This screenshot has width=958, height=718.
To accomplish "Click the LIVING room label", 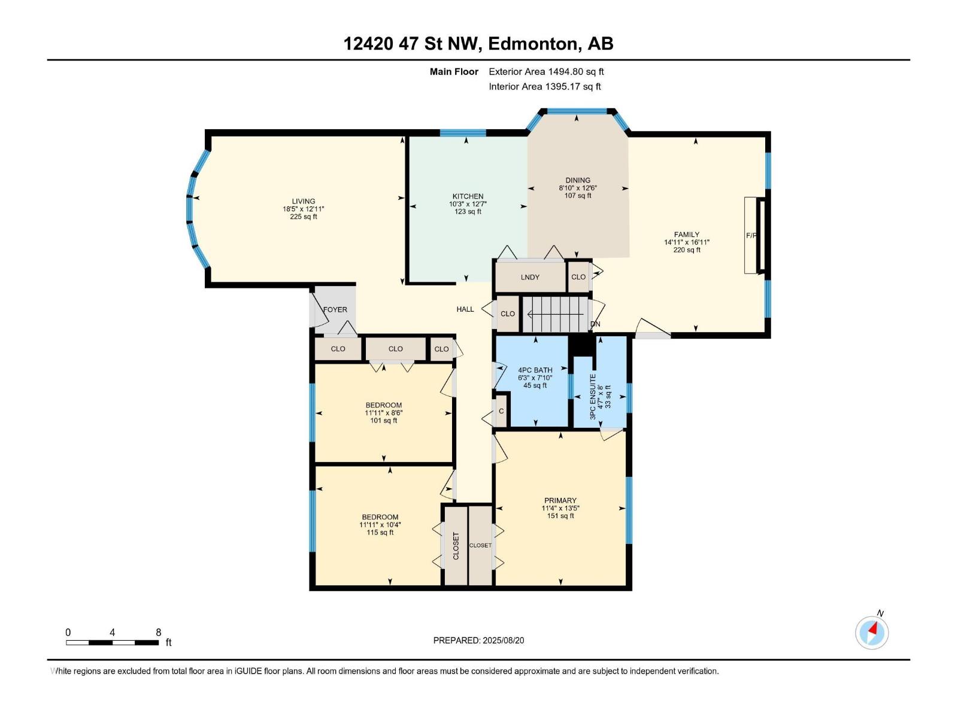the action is point(304,202).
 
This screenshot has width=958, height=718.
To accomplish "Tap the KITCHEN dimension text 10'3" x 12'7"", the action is point(468,204).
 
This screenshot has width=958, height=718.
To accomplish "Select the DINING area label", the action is point(578,180).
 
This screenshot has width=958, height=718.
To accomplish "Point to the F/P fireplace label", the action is point(751,235).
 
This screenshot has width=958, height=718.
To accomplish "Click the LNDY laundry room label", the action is point(530,277).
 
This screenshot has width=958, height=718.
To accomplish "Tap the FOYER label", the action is point(335,309).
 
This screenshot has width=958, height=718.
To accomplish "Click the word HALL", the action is point(465,309).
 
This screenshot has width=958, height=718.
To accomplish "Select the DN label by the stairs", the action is point(595,324).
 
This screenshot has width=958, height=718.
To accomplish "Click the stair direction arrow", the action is point(555,314).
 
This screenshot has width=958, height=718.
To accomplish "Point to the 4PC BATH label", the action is point(535,370).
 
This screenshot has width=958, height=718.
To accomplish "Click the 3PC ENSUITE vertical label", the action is point(593,397).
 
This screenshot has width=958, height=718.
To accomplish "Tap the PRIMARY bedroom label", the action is point(560,500).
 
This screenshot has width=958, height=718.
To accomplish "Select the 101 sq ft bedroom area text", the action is point(384,421).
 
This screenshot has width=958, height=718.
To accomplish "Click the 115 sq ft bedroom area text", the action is point(380,533).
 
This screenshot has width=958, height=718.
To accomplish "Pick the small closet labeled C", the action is point(501,411).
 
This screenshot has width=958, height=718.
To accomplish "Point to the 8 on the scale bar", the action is point(159,632).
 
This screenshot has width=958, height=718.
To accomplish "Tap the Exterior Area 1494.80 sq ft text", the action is point(547,71).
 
